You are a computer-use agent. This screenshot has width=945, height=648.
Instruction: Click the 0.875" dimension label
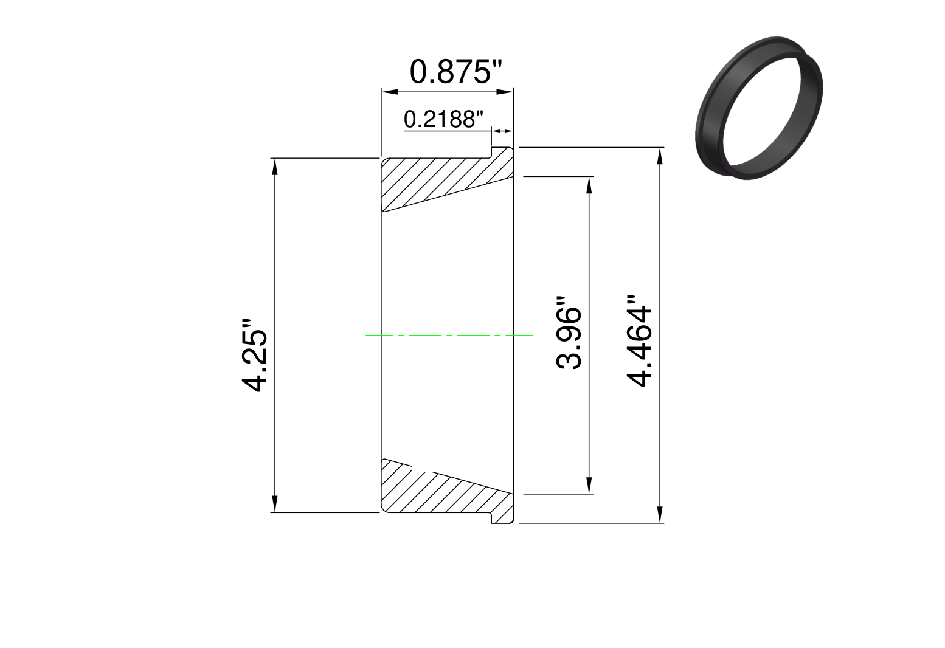pos(455,72)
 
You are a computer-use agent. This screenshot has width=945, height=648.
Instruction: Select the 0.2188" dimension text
pos(443,119)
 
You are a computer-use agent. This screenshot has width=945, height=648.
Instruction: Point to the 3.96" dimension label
pos(569,333)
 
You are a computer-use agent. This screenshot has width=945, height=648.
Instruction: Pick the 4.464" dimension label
pos(639,340)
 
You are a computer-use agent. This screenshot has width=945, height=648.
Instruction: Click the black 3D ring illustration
pos(758,108)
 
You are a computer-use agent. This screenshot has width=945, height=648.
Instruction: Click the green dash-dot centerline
pos(449,335)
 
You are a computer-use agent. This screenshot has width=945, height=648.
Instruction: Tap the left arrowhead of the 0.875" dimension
pos(389,92)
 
